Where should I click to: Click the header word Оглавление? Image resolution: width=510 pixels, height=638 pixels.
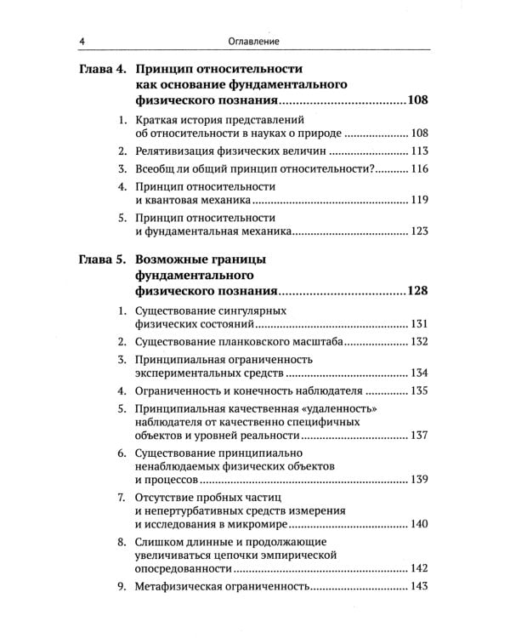pos(254,41)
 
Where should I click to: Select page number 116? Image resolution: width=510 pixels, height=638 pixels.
pos(417,170)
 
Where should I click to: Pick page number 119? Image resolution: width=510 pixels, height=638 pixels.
pos(417,202)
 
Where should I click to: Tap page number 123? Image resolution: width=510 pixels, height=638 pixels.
pos(417,231)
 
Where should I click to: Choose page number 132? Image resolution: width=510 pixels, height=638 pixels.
pos(417,342)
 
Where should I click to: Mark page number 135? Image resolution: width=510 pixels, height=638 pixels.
pos(417,392)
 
